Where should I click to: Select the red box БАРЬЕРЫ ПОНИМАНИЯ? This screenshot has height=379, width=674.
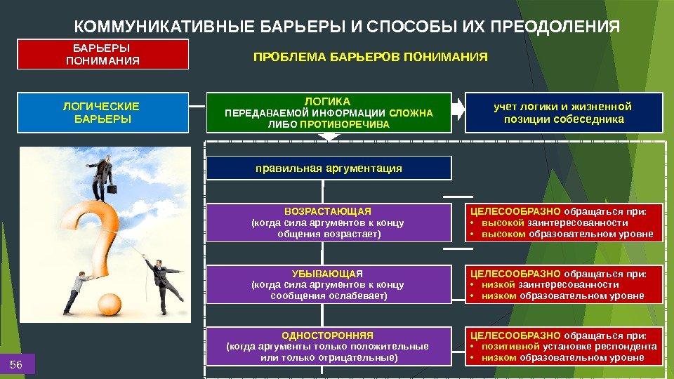pyautogui.click(x=103, y=54)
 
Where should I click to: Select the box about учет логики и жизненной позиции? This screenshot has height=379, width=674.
pyautogui.click(x=562, y=112)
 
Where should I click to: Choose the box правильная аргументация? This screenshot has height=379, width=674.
pyautogui.click(x=328, y=168)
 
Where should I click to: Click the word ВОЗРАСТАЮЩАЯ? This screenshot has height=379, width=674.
pyautogui.click(x=328, y=211)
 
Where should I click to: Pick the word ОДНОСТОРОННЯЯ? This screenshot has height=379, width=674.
pyautogui.click(x=328, y=335)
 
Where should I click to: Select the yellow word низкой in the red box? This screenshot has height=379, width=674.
pyautogui.click(x=499, y=285)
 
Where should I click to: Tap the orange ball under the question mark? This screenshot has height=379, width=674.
pyautogui.click(x=110, y=304)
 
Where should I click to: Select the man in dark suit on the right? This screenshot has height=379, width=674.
pyautogui.click(x=163, y=281)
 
